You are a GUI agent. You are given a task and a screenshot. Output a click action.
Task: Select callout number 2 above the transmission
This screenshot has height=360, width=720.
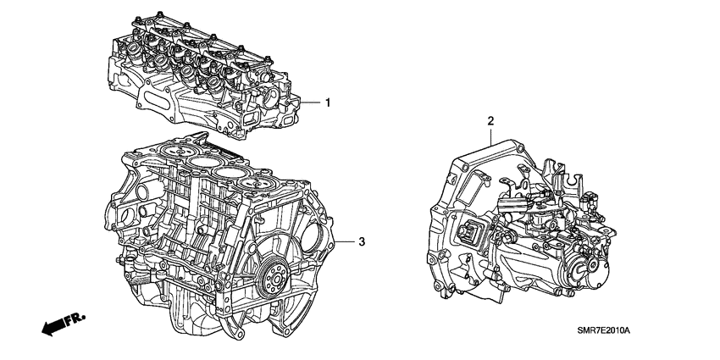pyautogui.click(x=490, y=121)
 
